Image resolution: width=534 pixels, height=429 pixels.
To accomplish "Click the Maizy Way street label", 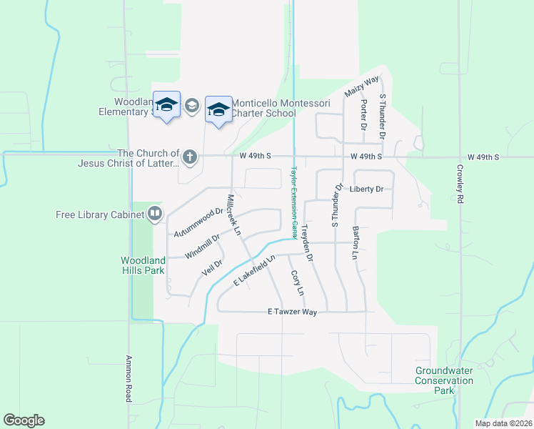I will (x=361, y=87).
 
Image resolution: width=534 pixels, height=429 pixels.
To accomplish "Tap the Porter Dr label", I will (x=363, y=114).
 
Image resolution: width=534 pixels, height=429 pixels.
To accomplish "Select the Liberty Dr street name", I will (x=367, y=189).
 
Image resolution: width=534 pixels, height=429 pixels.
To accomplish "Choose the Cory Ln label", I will (x=296, y=283).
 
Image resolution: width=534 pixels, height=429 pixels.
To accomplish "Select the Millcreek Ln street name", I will (x=233, y=214).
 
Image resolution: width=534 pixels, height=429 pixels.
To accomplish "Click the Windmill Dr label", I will (x=203, y=246).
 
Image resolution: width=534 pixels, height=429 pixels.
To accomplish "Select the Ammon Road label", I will (x=129, y=378).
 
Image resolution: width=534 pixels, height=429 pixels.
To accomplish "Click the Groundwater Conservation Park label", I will (x=445, y=380).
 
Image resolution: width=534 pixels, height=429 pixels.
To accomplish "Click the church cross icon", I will (x=189, y=157).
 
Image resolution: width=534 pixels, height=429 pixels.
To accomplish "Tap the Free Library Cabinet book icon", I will (x=155, y=213).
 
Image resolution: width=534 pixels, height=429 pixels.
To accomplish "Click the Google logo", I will (x=24, y=420).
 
